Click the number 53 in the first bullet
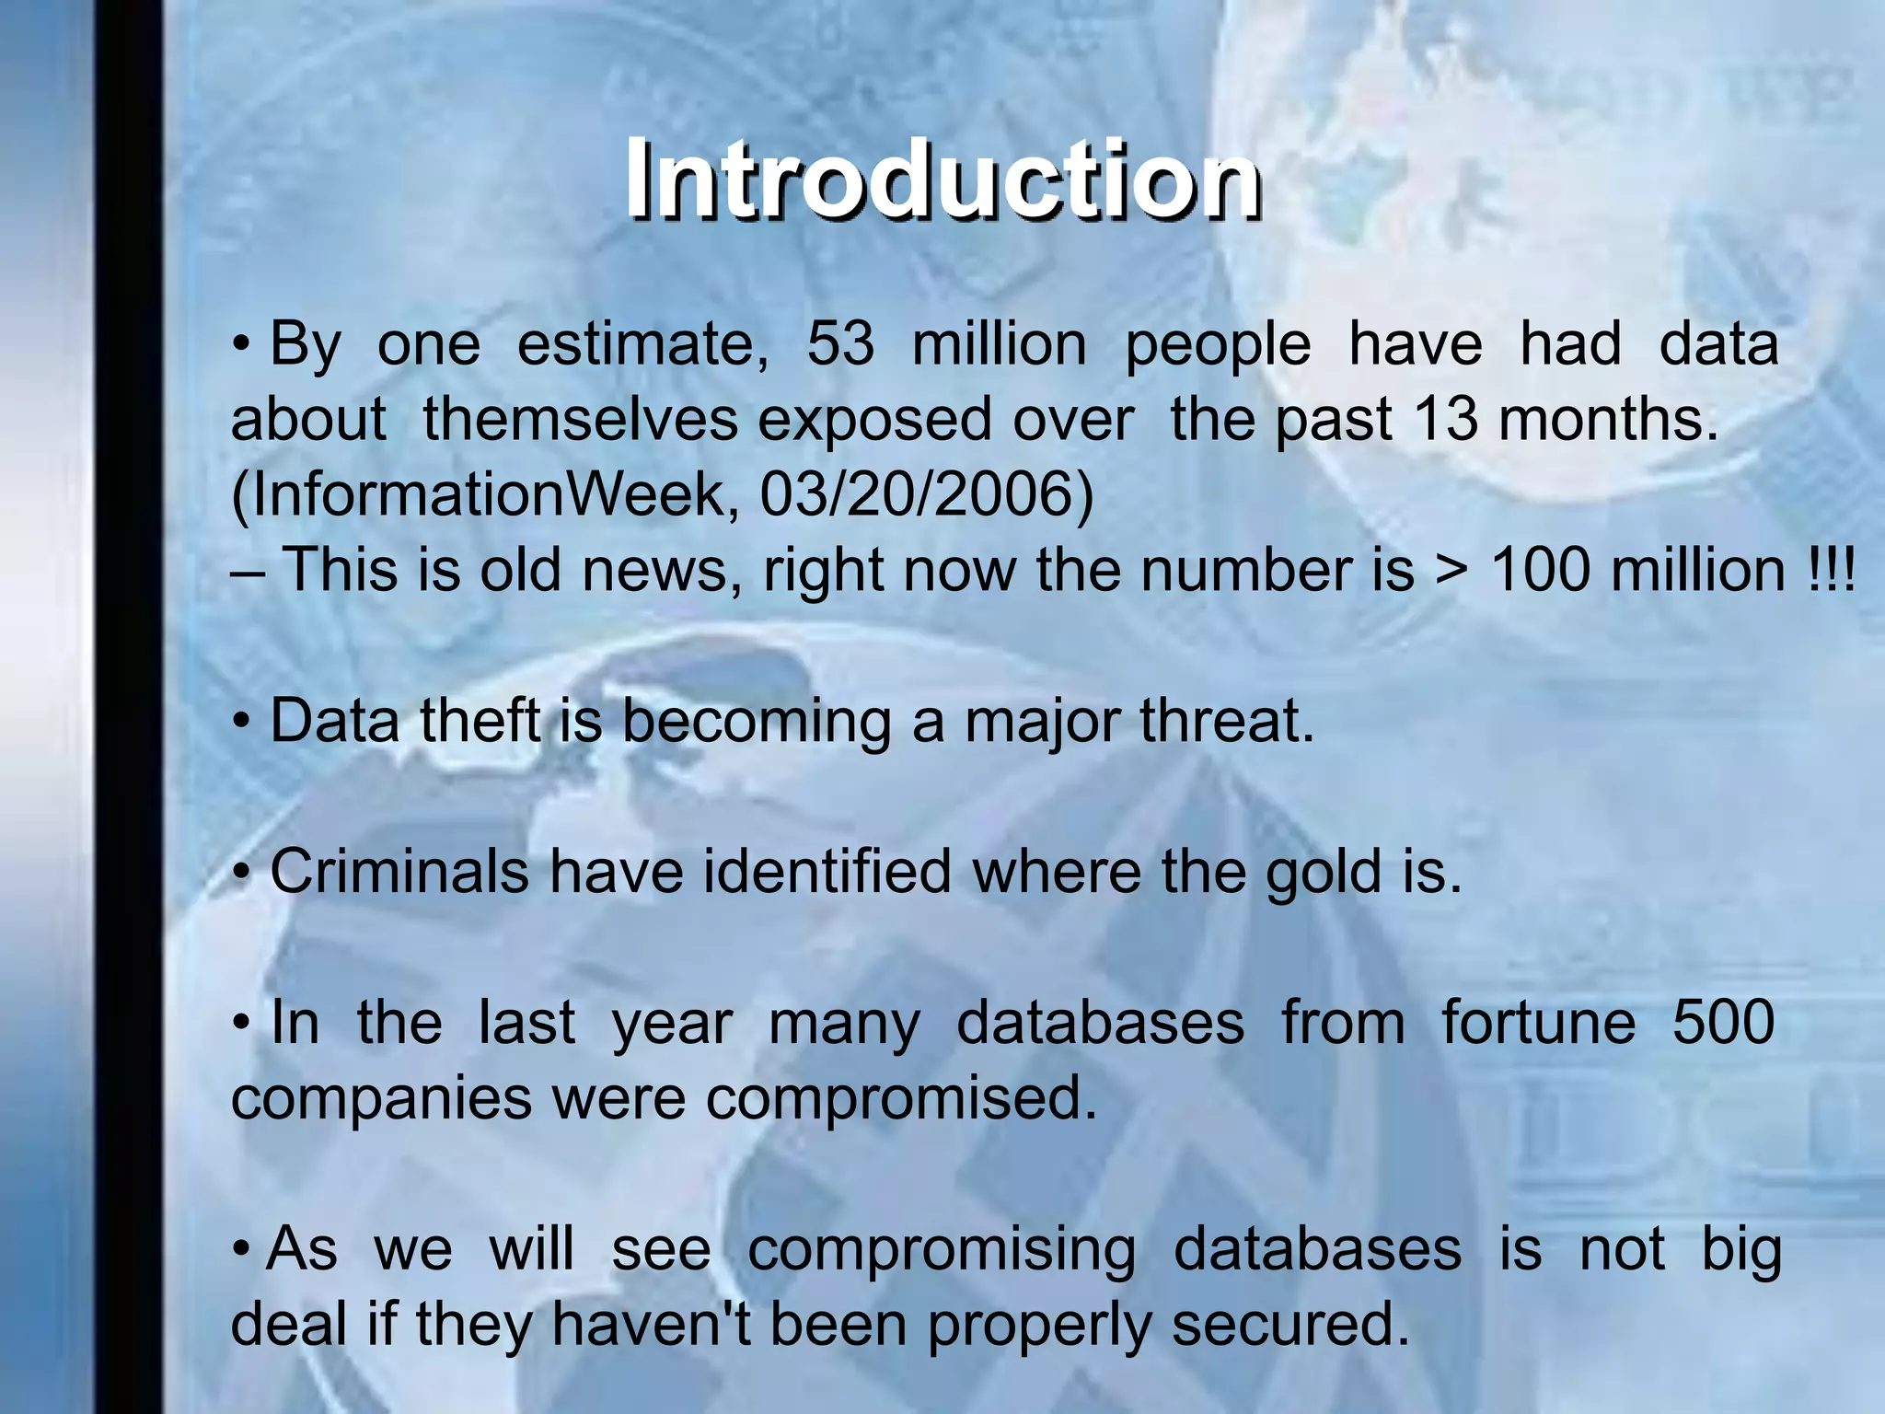point(840,344)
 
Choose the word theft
point(480,721)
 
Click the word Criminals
point(399,872)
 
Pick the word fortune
point(1538,1022)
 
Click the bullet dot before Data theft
point(241,723)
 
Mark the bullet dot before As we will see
point(241,1250)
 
